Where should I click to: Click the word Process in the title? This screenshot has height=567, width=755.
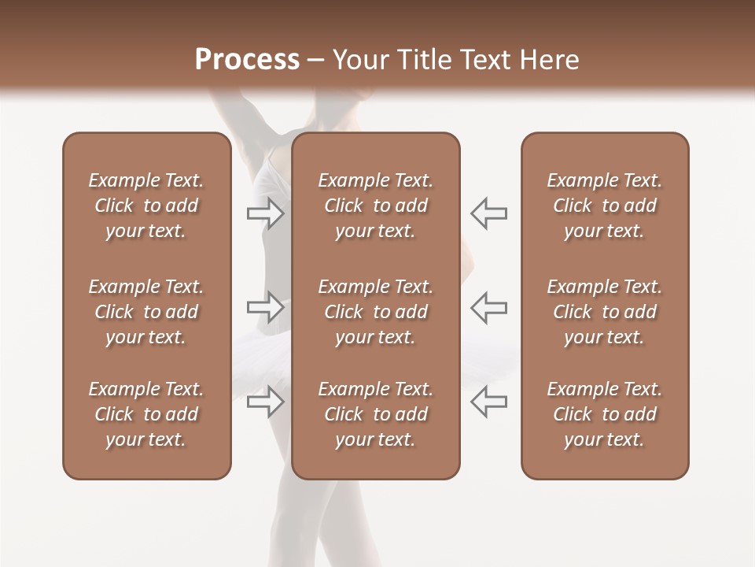coord(247,60)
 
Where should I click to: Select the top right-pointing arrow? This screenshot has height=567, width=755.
coord(265,213)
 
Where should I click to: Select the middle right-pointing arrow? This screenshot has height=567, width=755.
coord(265,307)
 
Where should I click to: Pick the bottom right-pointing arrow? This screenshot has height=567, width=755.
coord(265,401)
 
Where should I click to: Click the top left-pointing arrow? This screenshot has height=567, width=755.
coord(489,213)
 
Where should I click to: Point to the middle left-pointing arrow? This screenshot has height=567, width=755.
coord(489,307)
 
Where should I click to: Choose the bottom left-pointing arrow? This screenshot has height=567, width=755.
coord(489,401)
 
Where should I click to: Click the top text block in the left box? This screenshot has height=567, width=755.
coord(146,206)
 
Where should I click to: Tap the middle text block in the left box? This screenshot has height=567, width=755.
coord(146,312)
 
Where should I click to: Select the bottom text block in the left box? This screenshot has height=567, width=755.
coord(146,414)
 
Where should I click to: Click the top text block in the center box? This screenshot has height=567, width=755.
coord(375,206)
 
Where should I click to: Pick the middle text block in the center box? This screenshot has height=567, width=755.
coord(375,312)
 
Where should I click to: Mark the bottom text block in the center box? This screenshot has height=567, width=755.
coord(375,414)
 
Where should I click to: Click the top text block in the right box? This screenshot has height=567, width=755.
coord(604,206)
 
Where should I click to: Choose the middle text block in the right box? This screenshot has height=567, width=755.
coord(604,312)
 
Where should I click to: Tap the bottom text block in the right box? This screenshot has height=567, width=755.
coord(604,414)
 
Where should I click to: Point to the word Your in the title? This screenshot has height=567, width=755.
coord(360,60)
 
